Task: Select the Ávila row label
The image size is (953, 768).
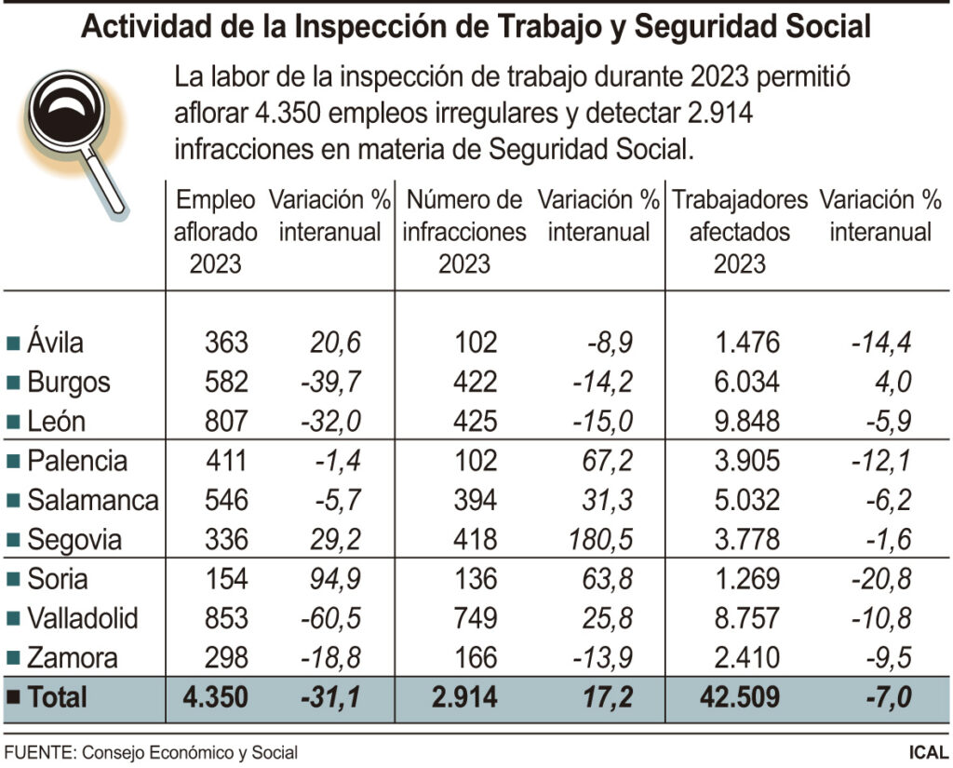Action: click(55, 343)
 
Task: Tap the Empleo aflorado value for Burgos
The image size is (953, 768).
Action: click(226, 383)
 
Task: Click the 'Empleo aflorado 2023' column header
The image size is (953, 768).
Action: click(215, 231)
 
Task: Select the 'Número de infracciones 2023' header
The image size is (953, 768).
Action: click(464, 231)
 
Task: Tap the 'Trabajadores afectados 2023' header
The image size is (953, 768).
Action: click(740, 231)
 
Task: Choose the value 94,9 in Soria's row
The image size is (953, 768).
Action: click(333, 579)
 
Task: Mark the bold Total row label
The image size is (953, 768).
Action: click(57, 697)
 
